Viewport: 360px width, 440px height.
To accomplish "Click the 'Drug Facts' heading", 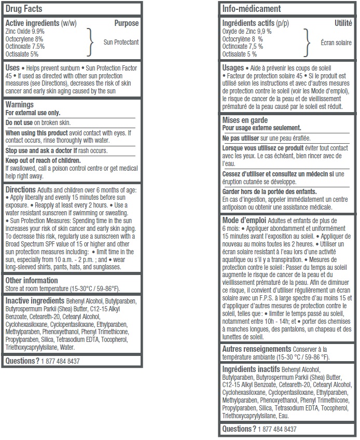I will pyautogui.click(x=23, y=9).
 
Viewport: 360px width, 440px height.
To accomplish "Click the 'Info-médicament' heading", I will pyautogui.click(x=251, y=9).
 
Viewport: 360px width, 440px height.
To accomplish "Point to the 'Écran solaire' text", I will pyautogui.click(x=337, y=43).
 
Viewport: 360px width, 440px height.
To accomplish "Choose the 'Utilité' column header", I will pyautogui.click(x=343, y=23).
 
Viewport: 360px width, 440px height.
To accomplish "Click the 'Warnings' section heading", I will pyautogui.click(x=19, y=104).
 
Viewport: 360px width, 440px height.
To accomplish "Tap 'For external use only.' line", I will pyautogui.click(x=33, y=113).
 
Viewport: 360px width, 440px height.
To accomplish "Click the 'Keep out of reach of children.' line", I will pyautogui.click(x=40, y=160).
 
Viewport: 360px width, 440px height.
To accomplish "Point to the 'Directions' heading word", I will pyautogui.click(x=20, y=190).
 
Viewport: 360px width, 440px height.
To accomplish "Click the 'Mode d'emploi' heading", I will pyautogui.click(x=244, y=221).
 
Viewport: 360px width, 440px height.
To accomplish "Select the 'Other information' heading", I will pyautogui.click(x=31, y=281).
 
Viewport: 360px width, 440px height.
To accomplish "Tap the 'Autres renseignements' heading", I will pyautogui.click(x=256, y=349).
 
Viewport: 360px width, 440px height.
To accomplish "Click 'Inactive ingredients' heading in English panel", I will pyautogui.click(x=35, y=300).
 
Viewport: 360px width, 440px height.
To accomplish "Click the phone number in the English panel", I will pyautogui.click(x=61, y=361).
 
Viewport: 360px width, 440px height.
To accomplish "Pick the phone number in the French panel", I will pyautogui.click(x=278, y=430).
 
